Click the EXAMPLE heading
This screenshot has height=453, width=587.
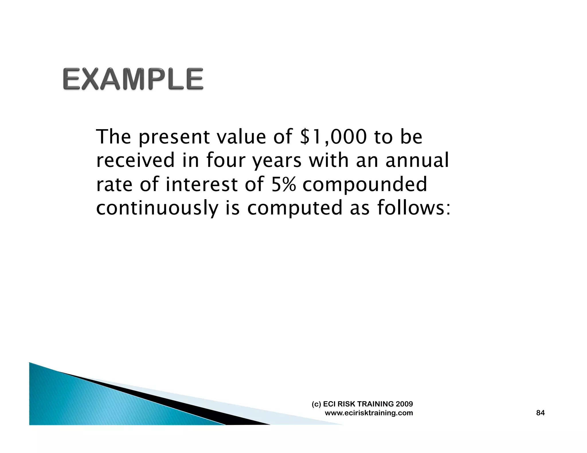133,79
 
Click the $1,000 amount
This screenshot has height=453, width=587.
333,137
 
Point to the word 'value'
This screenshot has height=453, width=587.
241,137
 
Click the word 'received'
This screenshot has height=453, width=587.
135,160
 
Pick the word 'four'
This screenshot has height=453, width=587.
225,160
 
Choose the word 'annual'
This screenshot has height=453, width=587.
417,160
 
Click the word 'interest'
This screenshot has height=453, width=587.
202,184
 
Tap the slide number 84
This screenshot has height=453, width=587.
540,413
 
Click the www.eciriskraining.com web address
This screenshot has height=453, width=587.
369,413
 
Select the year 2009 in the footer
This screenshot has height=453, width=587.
404,404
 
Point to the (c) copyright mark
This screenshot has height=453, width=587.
316,404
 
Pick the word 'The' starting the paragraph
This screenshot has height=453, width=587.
114,137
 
